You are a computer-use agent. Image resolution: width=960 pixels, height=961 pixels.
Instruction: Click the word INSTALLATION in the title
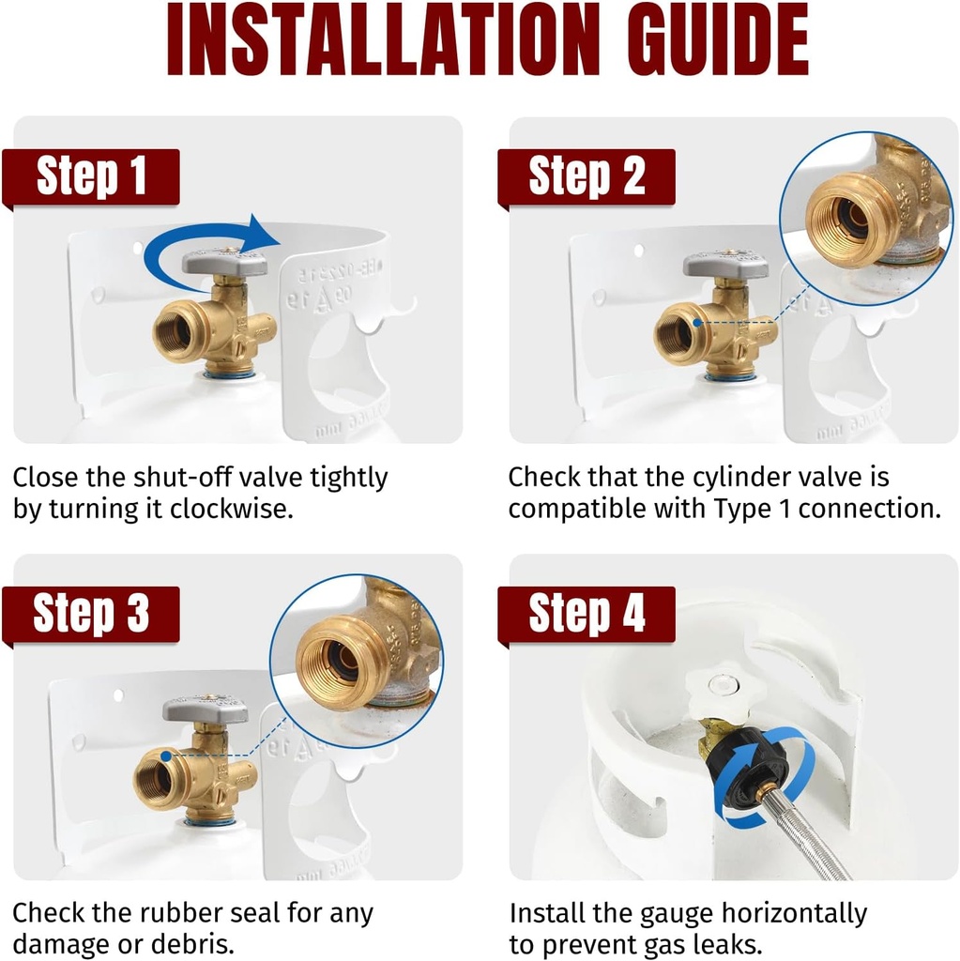tap(376, 40)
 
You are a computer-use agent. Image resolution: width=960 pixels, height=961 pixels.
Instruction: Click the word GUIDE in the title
tap(709, 40)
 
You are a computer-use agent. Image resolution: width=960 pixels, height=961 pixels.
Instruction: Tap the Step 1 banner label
tap(92, 176)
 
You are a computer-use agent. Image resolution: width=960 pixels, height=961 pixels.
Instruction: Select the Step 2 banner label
tap(587, 176)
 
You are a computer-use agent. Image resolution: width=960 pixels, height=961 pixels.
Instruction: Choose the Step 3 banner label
tap(91, 614)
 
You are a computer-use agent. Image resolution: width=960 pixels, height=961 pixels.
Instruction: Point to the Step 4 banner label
tap(587, 614)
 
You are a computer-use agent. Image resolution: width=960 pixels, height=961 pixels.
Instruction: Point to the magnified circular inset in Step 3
tap(357, 656)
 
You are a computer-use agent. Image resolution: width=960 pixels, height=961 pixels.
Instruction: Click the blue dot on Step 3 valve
tap(166, 755)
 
